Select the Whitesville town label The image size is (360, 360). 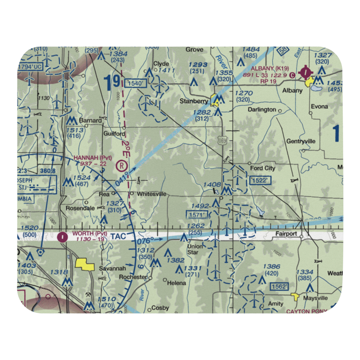click(x=151, y=194)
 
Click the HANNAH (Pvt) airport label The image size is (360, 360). click(x=93, y=158)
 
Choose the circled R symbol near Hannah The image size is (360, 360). click(x=122, y=166)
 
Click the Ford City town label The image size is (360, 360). click(x=262, y=168)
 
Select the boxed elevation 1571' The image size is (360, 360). click(x=197, y=215)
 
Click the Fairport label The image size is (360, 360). click(x=286, y=234)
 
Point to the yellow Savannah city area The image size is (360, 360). click(x=85, y=265)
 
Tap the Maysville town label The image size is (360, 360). click(x=315, y=298)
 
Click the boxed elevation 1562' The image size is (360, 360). click(x=280, y=287)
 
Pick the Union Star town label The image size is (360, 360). click(x=195, y=249)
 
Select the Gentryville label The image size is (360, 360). click(x=301, y=141)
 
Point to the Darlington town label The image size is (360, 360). click(x=262, y=110)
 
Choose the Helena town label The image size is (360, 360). click(x=177, y=283)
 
